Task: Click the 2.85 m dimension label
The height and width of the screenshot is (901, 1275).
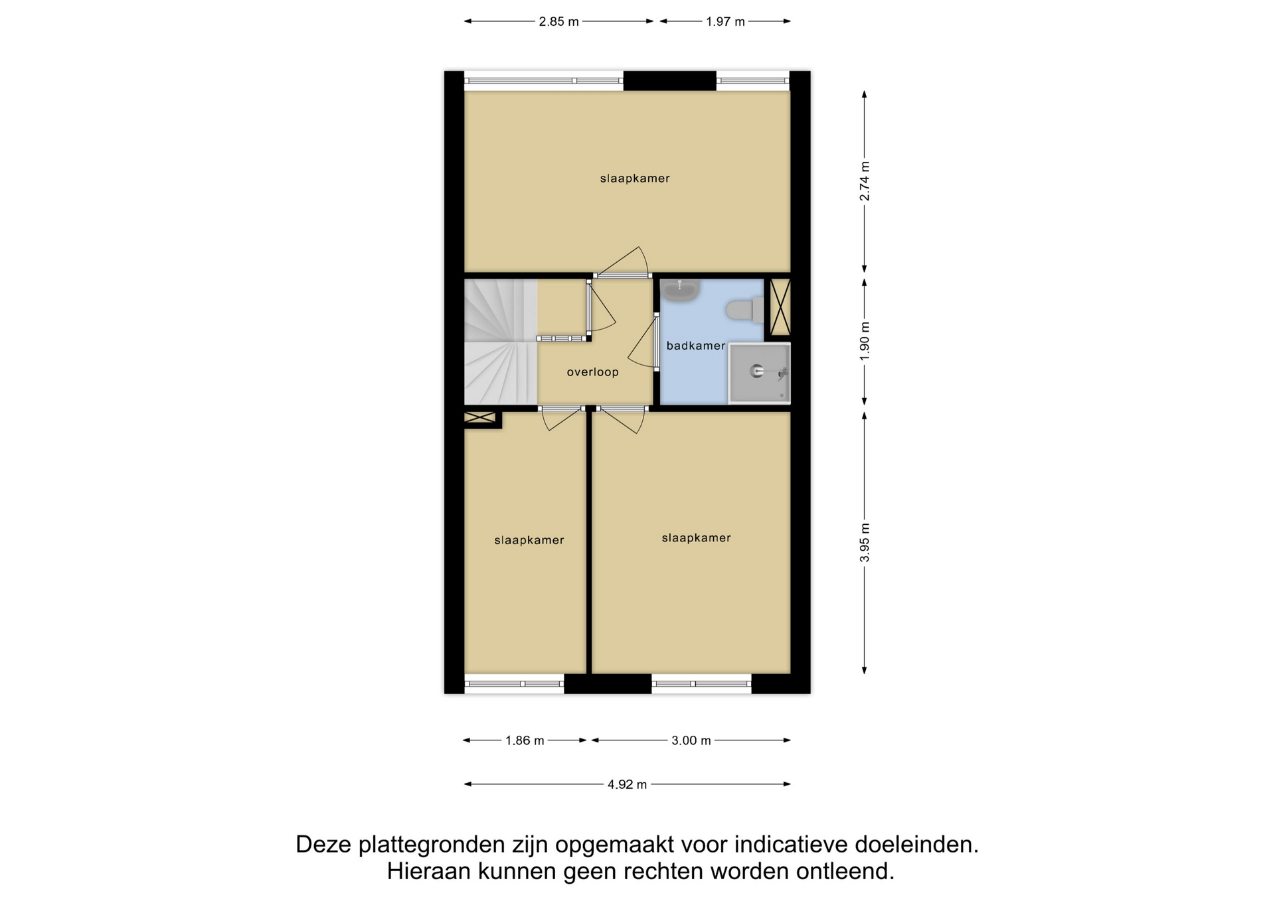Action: pyautogui.click(x=558, y=22)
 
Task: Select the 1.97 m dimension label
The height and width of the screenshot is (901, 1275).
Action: pyautogui.click(x=725, y=22)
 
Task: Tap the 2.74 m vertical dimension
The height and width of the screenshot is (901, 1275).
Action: pyautogui.click(x=865, y=181)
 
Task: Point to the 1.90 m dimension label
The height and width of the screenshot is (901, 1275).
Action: pyautogui.click(x=865, y=341)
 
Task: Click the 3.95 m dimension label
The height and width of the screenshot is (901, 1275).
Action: pyautogui.click(x=865, y=542)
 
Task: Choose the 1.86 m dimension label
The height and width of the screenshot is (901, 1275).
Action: pyautogui.click(x=525, y=740)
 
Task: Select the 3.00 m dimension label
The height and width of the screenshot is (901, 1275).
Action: pyautogui.click(x=691, y=740)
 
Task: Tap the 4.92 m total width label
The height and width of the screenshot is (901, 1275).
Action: pyautogui.click(x=627, y=784)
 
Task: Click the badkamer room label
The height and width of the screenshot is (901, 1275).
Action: pyautogui.click(x=696, y=346)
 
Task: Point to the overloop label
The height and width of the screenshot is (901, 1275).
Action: pyautogui.click(x=592, y=372)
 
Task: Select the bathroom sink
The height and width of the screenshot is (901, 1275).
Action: pyautogui.click(x=681, y=290)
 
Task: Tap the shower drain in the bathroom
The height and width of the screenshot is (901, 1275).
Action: pyautogui.click(x=757, y=371)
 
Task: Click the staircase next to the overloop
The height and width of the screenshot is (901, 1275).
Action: pyautogui.click(x=500, y=342)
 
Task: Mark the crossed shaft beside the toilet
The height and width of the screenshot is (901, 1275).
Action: pyautogui.click(x=780, y=307)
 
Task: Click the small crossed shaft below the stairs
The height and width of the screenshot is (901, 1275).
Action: pyautogui.click(x=480, y=418)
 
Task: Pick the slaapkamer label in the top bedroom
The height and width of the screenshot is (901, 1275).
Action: pyautogui.click(x=635, y=178)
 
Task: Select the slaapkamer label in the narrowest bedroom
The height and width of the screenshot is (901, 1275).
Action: pyautogui.click(x=529, y=541)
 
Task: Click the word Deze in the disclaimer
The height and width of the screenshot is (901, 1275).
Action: pyautogui.click(x=323, y=845)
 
